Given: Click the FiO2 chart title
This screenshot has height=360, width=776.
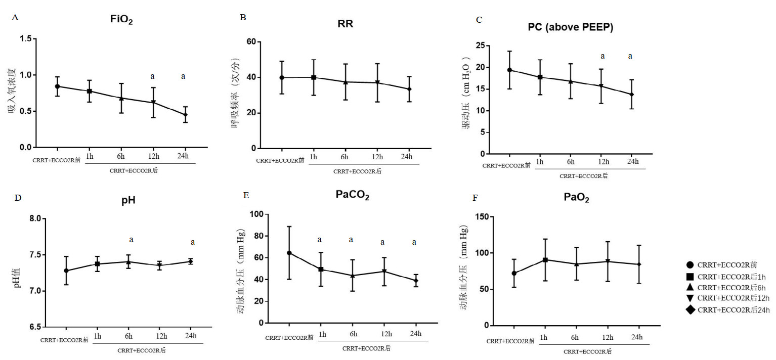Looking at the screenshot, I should click(x=121, y=20).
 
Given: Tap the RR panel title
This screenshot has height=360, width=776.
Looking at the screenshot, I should click(x=345, y=24).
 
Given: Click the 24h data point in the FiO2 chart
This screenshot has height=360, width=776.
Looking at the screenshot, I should click(x=185, y=115).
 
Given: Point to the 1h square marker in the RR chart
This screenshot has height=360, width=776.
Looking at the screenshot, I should click(x=314, y=77).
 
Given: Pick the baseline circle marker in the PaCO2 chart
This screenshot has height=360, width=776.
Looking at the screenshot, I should click(x=289, y=253).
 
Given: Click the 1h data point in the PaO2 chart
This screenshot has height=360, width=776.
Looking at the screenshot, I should click(x=545, y=260).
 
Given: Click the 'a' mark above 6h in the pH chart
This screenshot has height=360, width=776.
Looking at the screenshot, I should click(x=131, y=240).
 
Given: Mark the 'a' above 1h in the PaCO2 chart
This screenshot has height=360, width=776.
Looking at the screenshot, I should click(x=319, y=240).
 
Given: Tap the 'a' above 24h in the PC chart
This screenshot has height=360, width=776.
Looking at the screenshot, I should click(x=630, y=56).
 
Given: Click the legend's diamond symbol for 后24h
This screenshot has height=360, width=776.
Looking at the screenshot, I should click(x=690, y=310).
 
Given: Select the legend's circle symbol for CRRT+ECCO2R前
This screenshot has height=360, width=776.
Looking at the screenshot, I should click(x=690, y=265).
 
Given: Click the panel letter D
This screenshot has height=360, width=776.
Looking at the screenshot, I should click(x=17, y=197).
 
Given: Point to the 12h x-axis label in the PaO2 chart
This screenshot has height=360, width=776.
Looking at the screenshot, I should click(x=608, y=338).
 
